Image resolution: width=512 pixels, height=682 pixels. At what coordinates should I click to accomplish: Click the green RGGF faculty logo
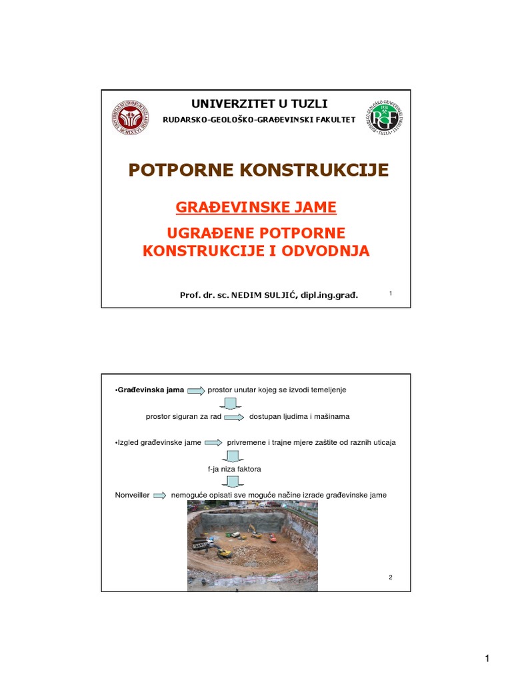[384, 119]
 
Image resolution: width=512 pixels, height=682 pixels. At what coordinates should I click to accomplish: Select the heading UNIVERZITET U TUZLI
[259, 103]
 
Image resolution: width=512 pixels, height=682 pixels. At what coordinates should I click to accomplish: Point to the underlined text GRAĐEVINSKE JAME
[256, 208]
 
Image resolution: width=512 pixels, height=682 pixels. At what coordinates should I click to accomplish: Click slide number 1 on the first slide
[390, 293]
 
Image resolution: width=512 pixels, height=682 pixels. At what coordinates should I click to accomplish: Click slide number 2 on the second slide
[391, 577]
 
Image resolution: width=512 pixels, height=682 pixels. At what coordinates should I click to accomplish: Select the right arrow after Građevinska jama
[196, 390]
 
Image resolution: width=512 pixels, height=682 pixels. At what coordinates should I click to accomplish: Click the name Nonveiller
[132, 496]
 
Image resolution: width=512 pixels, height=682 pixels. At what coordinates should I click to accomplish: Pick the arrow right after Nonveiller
[160, 496]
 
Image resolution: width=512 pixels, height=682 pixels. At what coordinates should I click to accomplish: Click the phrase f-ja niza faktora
[235, 469]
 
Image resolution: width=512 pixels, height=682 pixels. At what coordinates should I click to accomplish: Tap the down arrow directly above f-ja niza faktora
[233, 456]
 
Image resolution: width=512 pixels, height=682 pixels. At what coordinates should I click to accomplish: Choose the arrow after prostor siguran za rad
[234, 417]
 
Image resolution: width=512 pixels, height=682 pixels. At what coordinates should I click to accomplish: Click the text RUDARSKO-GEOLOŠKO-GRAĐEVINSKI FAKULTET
[259, 120]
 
